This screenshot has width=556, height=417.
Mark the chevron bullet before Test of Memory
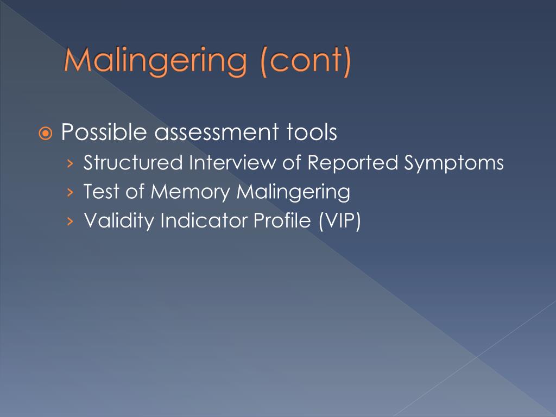tap(69, 193)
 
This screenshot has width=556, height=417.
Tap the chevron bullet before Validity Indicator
tap(69, 222)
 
